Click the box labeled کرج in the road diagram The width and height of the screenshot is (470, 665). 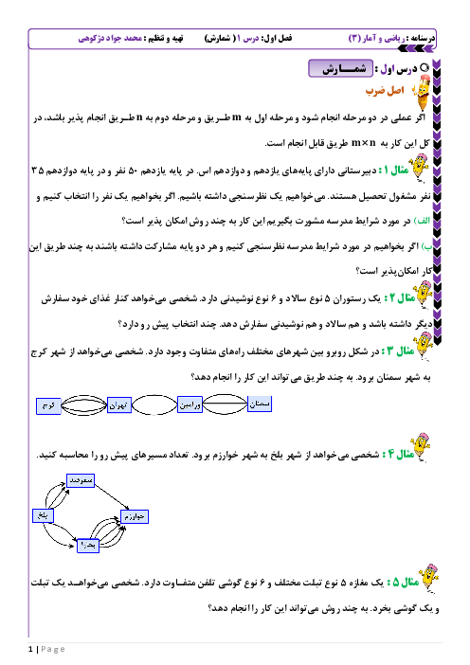[48, 405]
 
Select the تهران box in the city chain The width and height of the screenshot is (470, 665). [119, 405]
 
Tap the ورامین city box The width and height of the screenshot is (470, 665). [190, 404]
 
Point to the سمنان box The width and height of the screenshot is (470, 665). [260, 404]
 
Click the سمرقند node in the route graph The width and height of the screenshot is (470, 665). [81, 480]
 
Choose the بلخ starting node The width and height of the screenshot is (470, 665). [43, 515]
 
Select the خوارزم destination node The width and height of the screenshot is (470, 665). [135, 516]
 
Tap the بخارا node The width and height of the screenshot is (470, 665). [88, 546]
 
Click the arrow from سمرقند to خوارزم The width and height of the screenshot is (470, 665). [112, 497]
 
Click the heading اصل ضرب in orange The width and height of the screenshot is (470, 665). [385, 91]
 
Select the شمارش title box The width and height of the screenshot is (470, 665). [340, 68]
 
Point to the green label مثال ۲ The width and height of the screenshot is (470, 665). [399, 298]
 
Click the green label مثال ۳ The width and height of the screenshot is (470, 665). [397, 351]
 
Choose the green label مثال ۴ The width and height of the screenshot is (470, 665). [398, 454]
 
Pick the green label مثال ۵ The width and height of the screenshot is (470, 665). [403, 582]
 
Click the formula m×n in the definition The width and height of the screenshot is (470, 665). [364, 143]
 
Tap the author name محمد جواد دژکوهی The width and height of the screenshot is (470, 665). [110, 38]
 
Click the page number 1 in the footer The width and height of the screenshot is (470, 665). [30, 649]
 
